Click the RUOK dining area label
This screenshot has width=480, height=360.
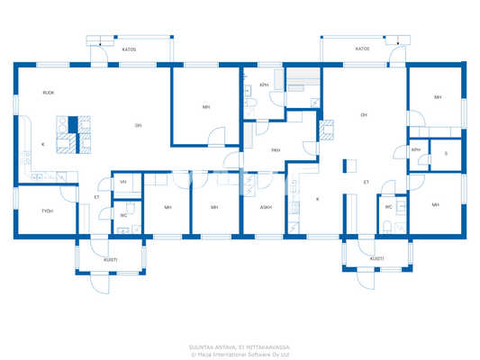[x=48, y=93]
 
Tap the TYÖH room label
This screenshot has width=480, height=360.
[x=47, y=211]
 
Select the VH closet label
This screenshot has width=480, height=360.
[x=123, y=182]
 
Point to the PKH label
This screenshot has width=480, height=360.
[x=275, y=150]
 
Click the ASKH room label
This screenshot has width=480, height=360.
[x=266, y=207]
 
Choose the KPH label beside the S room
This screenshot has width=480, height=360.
[x=416, y=150]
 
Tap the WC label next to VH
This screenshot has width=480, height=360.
[x=123, y=215]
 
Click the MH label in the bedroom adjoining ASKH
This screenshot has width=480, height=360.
[x=214, y=207]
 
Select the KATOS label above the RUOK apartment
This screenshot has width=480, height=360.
[x=129, y=49]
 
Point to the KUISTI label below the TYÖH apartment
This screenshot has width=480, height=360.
[x=110, y=259]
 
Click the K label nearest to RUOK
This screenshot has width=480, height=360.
[x=42, y=144]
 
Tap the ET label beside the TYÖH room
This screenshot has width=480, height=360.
[x=96, y=197]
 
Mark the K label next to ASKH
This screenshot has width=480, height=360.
[x=317, y=198]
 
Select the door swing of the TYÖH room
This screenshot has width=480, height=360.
[x=67, y=192]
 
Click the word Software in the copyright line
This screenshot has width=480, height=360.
[x=259, y=354]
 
